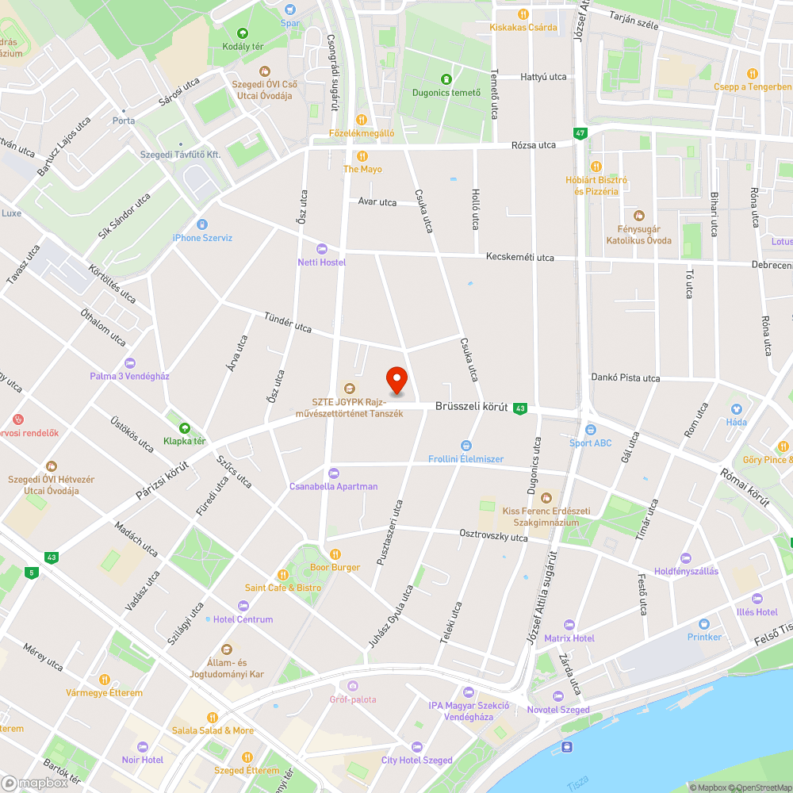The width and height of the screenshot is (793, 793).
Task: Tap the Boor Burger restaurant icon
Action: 335,554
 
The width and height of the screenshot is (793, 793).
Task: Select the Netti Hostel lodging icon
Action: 321,249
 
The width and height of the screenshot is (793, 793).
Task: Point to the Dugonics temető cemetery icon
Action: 446,79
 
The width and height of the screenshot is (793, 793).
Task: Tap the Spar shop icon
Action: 290,10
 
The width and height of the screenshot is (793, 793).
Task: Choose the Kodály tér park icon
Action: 243,33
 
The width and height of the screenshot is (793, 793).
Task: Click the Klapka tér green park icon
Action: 184,427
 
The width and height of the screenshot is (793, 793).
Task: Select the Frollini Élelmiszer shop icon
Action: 465,445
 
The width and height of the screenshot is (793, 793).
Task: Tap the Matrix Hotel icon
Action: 569,625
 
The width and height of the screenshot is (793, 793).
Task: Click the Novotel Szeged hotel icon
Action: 557,696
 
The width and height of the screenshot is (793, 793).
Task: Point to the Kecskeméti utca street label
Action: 520,257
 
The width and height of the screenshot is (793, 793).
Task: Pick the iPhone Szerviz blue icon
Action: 201,224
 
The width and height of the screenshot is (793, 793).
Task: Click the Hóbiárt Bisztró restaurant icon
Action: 596,167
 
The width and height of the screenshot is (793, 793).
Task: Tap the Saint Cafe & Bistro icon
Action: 282,574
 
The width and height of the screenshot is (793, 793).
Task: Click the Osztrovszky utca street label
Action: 493,537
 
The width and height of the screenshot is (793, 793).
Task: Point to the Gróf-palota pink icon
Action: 353,686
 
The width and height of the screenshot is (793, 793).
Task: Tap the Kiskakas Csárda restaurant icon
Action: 523,13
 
